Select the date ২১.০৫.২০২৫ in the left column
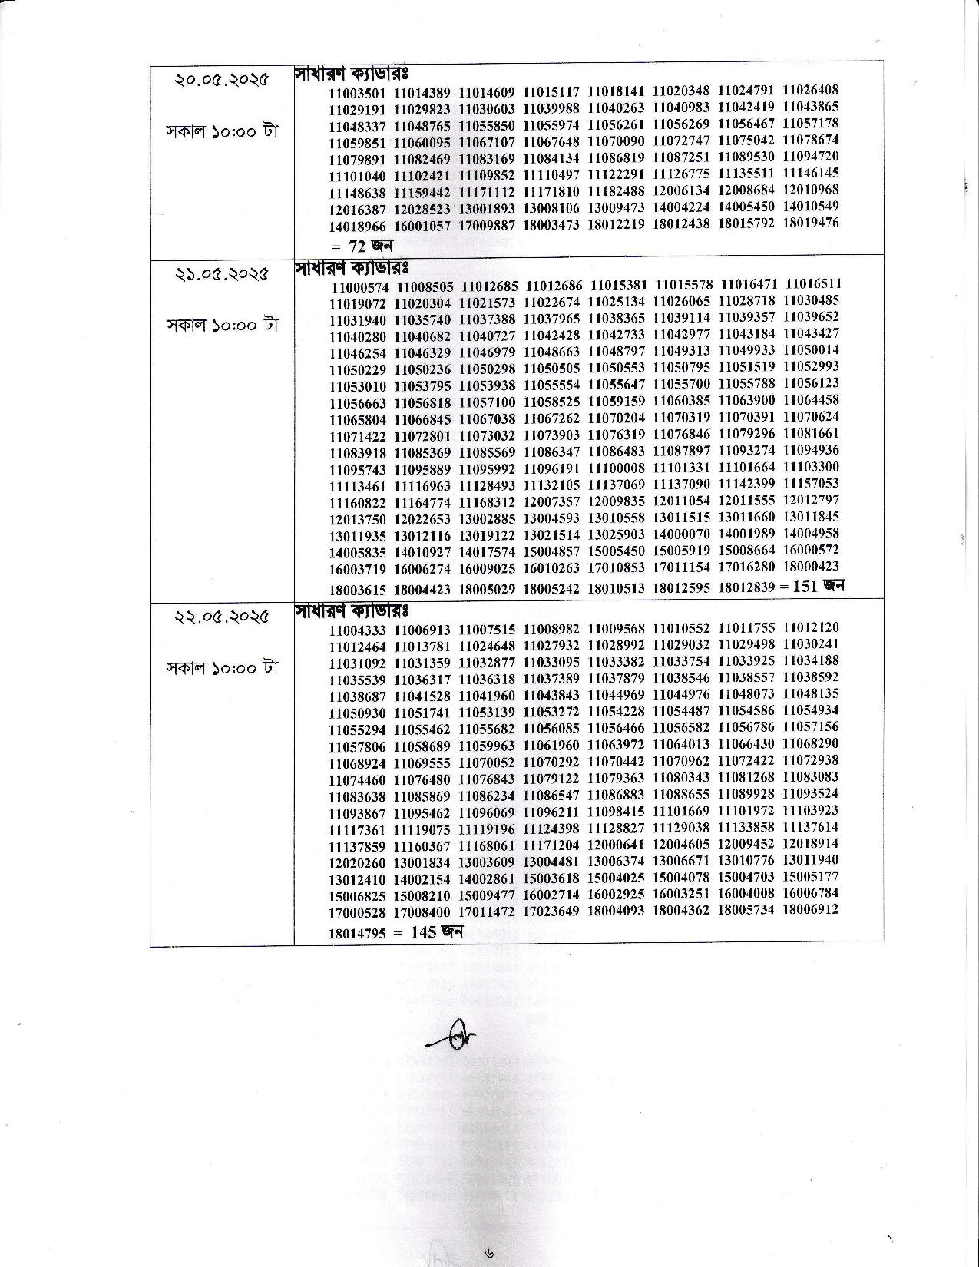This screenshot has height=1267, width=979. coord(222,273)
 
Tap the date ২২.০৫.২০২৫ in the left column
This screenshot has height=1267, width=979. coord(222,616)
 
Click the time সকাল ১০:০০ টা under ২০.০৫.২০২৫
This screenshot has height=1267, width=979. coord(222,131)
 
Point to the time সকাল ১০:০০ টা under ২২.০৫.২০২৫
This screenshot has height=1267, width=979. coord(222,667)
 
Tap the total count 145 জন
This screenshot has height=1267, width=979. coord(435,932)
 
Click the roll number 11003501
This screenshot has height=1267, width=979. coord(357,93)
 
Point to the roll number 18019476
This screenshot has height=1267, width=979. coord(811,223)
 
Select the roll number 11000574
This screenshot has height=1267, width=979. coord(361,287)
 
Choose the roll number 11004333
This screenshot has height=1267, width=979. coord(357,630)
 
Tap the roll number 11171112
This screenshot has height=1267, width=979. coord(487,191)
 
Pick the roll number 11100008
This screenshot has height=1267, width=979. coord(617,468)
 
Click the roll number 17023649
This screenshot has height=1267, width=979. coord(551,911)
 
